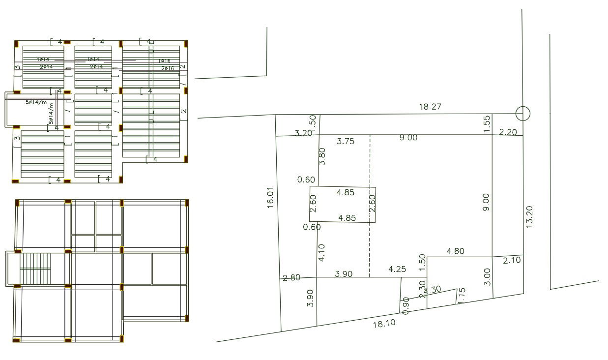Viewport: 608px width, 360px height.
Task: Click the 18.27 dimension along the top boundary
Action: click(x=430, y=106)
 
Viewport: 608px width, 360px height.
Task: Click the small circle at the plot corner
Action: click(x=523, y=114)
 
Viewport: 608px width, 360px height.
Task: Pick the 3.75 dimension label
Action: click(x=346, y=141)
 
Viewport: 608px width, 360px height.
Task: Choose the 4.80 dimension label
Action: click(x=455, y=251)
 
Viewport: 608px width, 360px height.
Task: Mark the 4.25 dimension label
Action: click(x=397, y=269)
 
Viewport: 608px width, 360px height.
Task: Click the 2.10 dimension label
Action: click(x=512, y=260)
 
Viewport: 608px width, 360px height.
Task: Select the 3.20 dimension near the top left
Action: click(x=304, y=133)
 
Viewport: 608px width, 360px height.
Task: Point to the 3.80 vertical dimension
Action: click(x=322, y=156)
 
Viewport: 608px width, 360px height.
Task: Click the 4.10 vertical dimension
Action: click(x=321, y=253)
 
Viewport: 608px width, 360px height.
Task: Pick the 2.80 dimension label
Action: click(x=291, y=278)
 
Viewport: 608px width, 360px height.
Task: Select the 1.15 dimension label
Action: click(x=462, y=295)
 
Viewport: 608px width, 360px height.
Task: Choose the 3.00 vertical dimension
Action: click(x=487, y=276)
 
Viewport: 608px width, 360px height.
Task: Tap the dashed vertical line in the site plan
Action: click(x=370, y=207)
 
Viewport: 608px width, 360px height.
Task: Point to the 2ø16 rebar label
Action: click(x=168, y=68)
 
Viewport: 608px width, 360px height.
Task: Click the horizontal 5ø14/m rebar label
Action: click(x=36, y=103)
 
